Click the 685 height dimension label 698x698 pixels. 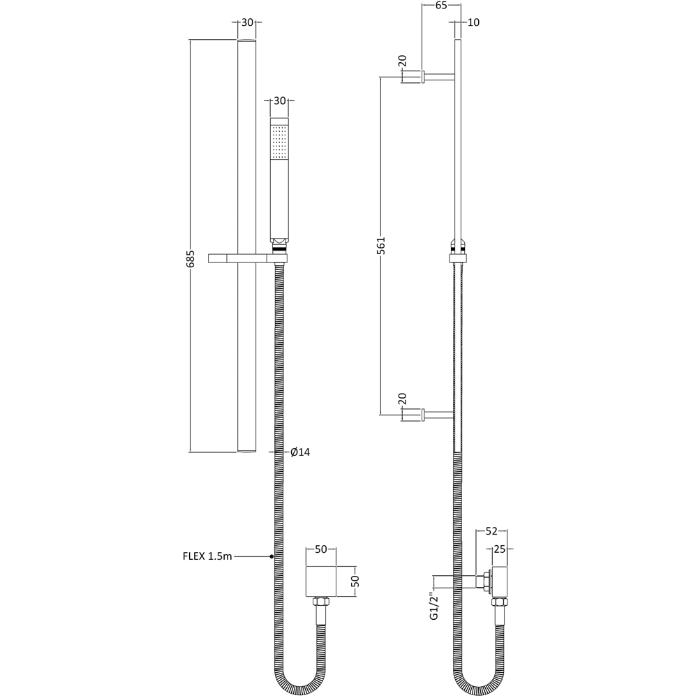tap(190, 259)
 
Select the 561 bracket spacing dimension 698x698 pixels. tap(381, 245)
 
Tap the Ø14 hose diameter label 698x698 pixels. tap(300, 452)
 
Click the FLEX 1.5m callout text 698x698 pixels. tap(207, 556)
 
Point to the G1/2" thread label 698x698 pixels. tap(434, 604)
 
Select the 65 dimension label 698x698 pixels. tap(440, 6)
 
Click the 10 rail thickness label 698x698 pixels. tap(474, 22)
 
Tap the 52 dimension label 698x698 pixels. tap(491, 531)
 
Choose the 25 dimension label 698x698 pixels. tap(500, 549)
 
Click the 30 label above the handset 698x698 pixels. tap(280, 101)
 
